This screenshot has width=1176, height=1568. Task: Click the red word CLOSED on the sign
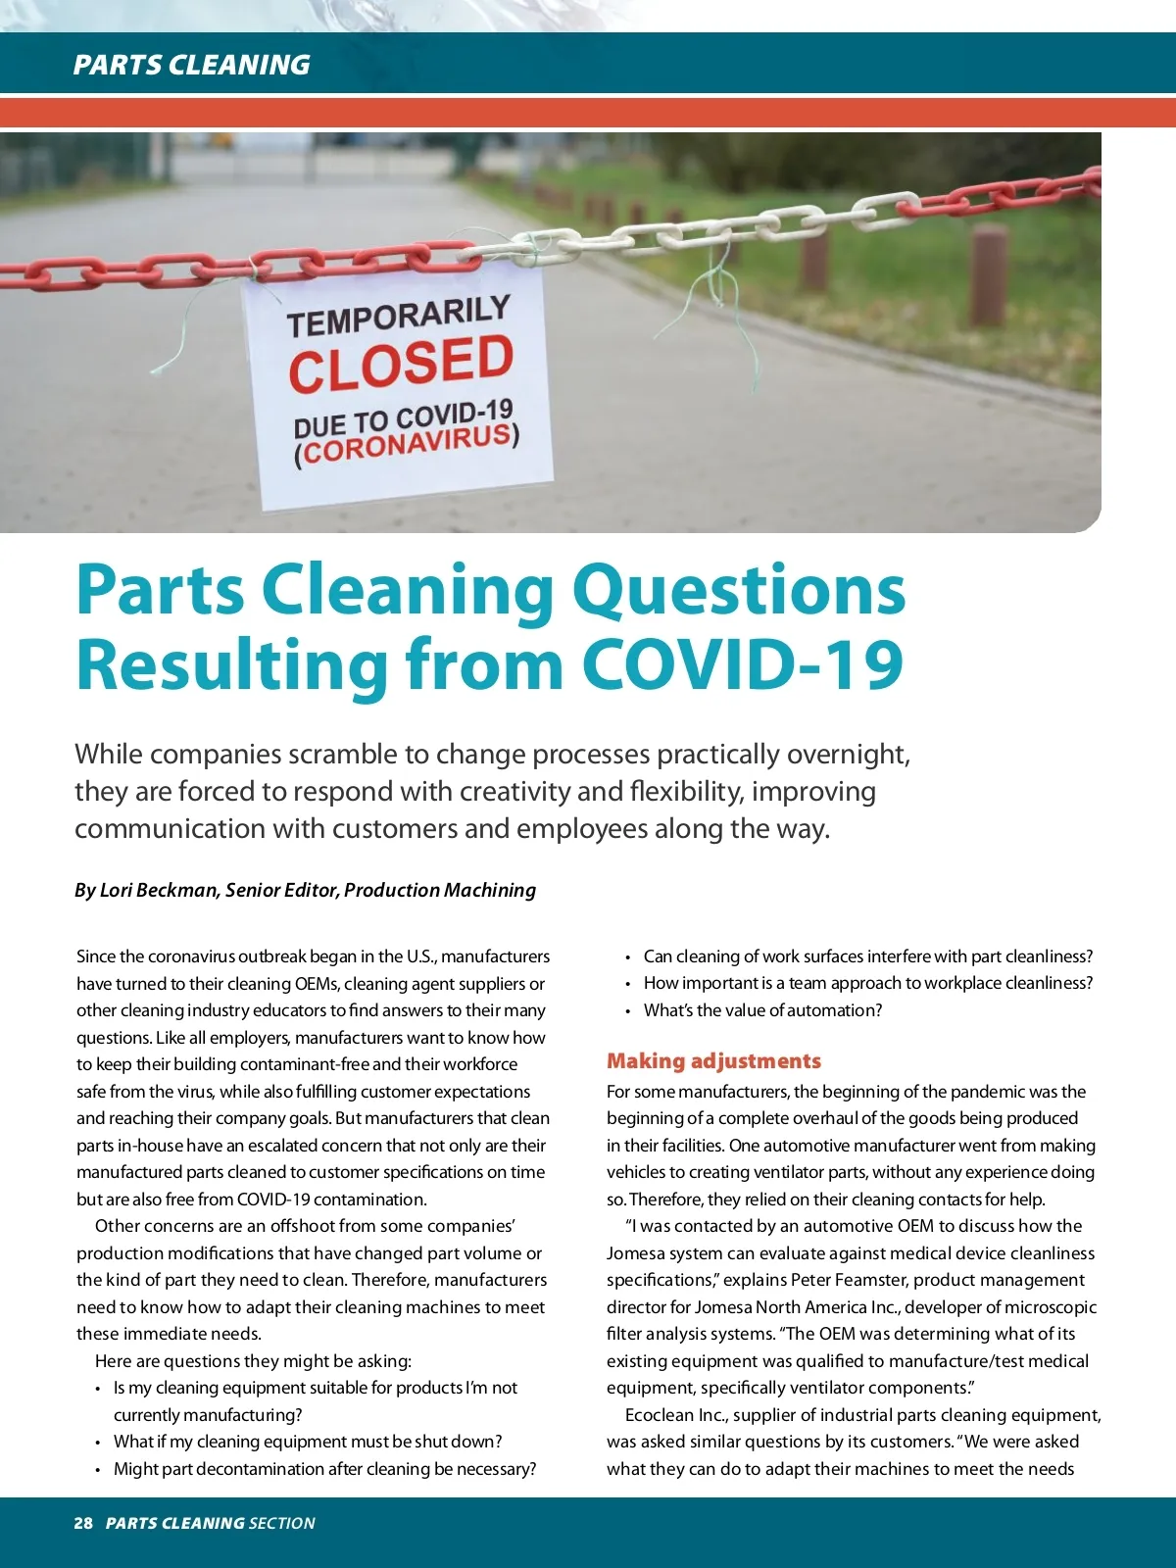click(x=401, y=363)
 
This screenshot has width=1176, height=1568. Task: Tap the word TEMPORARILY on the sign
click(x=398, y=316)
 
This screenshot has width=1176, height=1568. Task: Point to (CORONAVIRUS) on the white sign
click(x=407, y=446)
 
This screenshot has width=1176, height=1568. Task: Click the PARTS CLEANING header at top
click(x=191, y=65)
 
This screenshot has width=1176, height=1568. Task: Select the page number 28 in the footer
click(x=83, y=1523)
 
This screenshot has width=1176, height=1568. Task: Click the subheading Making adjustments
click(x=713, y=1061)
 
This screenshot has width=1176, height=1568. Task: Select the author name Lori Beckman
click(x=158, y=890)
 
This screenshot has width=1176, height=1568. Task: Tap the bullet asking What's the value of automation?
click(x=762, y=1010)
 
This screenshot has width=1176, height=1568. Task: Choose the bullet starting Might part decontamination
click(x=324, y=1469)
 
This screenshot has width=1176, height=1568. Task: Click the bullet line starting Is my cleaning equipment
click(x=315, y=1388)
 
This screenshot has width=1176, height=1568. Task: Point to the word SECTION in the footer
click(x=282, y=1523)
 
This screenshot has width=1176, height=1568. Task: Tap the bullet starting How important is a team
click(x=867, y=983)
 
